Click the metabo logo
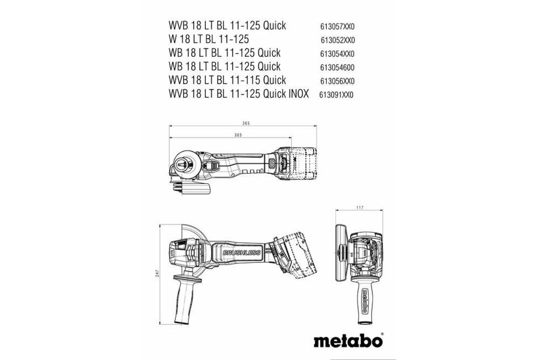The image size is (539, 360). pyautogui.click(x=348, y=341)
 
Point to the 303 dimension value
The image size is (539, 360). pyautogui.click(x=238, y=135)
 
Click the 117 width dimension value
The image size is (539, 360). pyautogui.click(x=359, y=208)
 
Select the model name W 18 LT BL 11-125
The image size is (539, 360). pyautogui.click(x=209, y=40)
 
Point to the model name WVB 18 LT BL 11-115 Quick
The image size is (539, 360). pyautogui.click(x=227, y=80)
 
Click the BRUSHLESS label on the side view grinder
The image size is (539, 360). pyautogui.click(x=242, y=252)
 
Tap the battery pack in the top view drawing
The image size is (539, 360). pyautogui.click(x=298, y=162)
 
